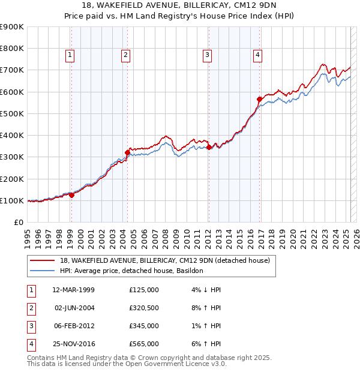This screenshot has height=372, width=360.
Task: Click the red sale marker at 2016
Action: point(259,99)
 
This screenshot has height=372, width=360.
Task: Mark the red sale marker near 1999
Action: point(71,195)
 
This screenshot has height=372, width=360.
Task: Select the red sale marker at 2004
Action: point(127,152)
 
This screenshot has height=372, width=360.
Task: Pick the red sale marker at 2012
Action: point(208,147)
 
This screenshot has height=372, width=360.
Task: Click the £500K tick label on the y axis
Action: point(12,113)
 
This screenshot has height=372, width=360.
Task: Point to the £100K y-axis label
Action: point(12,200)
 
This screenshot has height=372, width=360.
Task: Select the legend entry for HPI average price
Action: point(131,271)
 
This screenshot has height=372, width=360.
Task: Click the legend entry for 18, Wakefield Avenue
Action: point(165,260)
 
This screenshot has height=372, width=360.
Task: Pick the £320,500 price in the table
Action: point(143,308)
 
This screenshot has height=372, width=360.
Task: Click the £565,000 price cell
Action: point(143,344)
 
